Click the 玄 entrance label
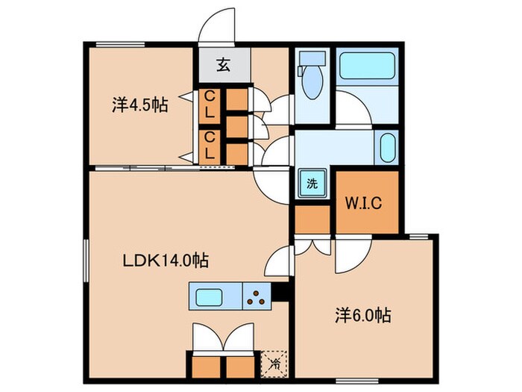224,65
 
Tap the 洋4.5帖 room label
140,105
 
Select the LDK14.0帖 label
166,261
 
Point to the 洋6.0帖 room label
363,315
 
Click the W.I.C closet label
363,203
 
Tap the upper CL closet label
209,105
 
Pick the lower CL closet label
209,146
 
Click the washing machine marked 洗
312,183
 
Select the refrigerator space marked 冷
274,364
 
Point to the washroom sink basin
387,148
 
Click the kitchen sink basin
209,297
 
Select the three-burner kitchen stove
257,296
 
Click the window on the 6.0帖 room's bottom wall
357,381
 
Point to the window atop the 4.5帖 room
120,44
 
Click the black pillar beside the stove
280,293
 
